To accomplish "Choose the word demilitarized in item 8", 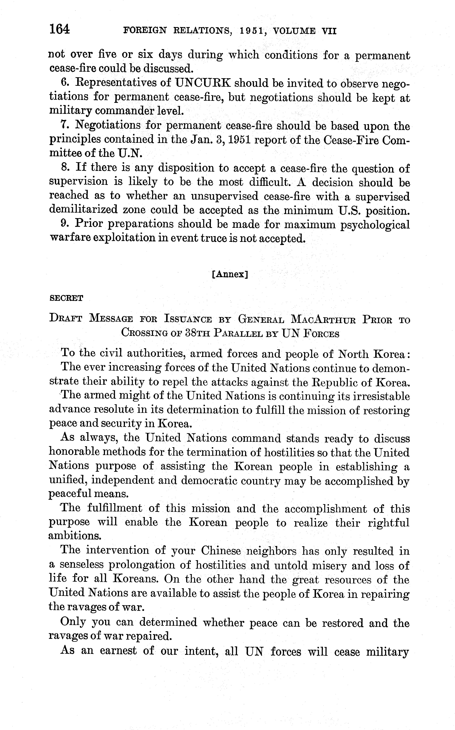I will click(x=83, y=210).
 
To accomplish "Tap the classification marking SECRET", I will click(x=66, y=298).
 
